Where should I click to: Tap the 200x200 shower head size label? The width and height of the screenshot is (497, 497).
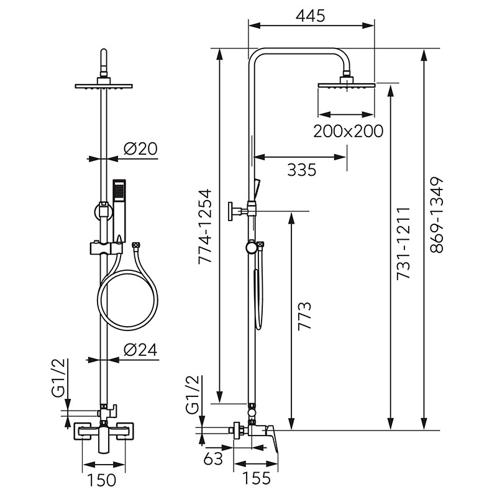point(347,131)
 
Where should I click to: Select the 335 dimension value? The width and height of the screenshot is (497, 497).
point(302,169)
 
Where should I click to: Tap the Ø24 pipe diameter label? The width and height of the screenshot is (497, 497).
point(139,350)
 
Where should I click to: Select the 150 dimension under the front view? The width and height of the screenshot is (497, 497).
point(103,480)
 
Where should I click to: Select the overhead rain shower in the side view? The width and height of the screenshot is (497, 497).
point(347,85)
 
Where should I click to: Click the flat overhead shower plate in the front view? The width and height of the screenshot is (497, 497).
point(104,86)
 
